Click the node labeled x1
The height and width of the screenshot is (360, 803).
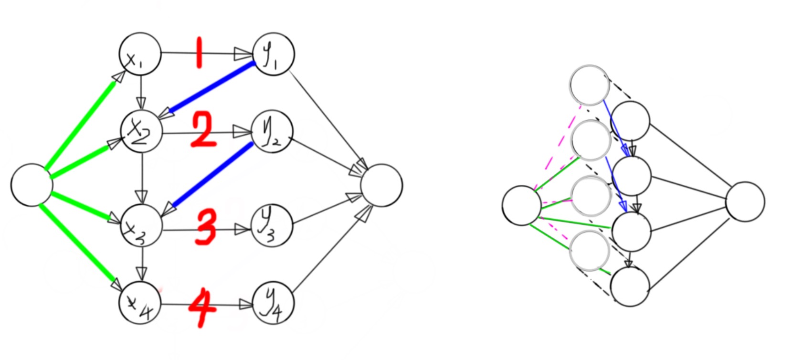tap(140, 54)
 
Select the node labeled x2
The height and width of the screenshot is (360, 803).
tap(142, 132)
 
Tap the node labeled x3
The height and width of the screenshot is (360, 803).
tap(141, 225)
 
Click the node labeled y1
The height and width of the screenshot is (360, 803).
tap(274, 54)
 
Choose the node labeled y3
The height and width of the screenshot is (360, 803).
tap(272, 226)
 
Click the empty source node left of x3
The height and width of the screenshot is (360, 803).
tap(32, 185)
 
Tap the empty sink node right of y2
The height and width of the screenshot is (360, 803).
tap(382, 185)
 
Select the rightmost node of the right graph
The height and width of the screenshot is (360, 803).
tap(745, 202)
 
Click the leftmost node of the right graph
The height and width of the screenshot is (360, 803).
tap(521, 205)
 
